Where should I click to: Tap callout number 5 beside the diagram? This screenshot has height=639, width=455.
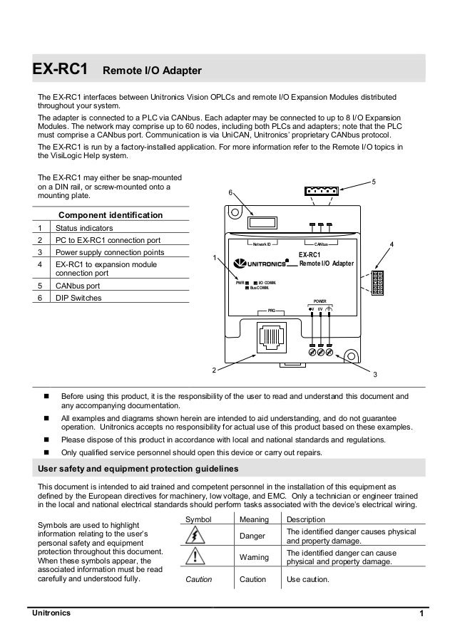pos(374,182)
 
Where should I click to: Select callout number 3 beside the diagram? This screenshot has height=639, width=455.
pos(376,374)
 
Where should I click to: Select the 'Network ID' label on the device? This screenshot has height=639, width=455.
pos(260,244)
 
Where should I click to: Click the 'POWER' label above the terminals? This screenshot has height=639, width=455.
pos(320,302)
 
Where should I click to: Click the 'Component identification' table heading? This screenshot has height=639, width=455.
pos(111,215)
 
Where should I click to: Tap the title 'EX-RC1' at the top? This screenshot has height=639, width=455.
pos(59,70)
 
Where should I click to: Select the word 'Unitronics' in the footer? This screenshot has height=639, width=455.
pos(50,615)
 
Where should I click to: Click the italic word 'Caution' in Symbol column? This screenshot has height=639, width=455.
pos(199,579)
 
